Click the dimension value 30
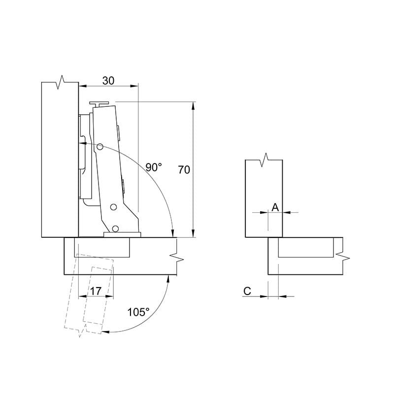(108, 81)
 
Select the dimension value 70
(184, 170)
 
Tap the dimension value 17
(96, 291)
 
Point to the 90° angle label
(154, 167)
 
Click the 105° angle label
(138, 312)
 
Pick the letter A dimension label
(275, 207)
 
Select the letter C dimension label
(247, 291)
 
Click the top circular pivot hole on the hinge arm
(100, 147)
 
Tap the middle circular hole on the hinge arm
(114, 207)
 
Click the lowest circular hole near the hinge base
(115, 229)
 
